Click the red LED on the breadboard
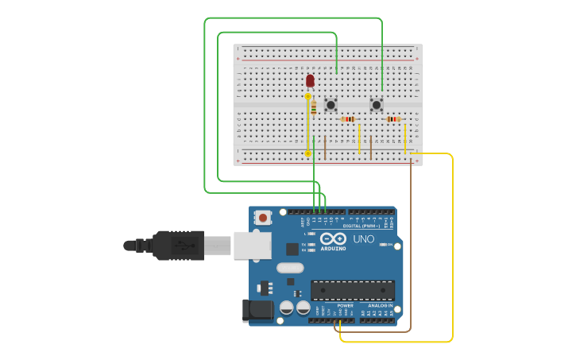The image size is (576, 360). (x=310, y=80)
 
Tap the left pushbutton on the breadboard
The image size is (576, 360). (x=331, y=105)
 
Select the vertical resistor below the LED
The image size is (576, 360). (x=314, y=107)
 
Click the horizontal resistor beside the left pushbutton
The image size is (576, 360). (x=348, y=119)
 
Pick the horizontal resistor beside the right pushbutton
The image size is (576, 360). (x=393, y=119)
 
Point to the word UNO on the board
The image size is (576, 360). (x=363, y=239)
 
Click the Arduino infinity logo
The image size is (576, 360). (x=333, y=239)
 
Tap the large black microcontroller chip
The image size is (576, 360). (x=352, y=290)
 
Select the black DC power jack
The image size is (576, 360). (x=256, y=311)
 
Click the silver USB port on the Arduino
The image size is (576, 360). (x=252, y=246)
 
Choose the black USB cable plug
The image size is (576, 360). (x=179, y=245)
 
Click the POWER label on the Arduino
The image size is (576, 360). (x=345, y=305)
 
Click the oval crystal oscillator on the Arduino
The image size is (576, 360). (x=291, y=268)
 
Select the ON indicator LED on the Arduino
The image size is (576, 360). (x=384, y=245)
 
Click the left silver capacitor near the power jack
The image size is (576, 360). (x=287, y=308)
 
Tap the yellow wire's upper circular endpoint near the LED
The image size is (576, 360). (x=308, y=96)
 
